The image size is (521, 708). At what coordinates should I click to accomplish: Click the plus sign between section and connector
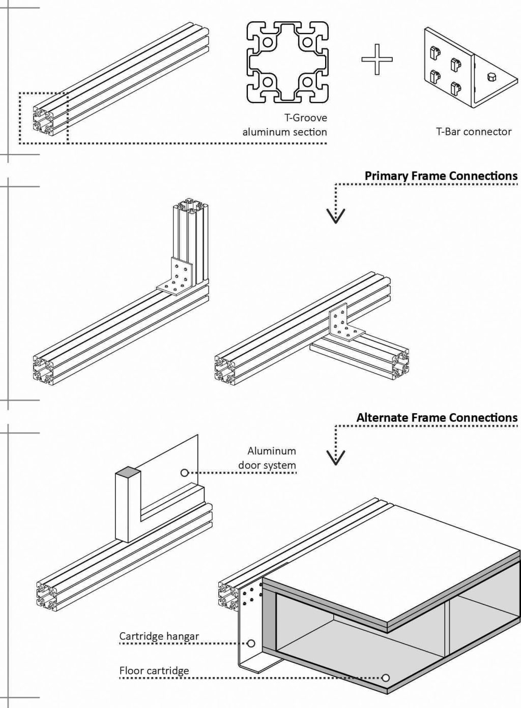tap(377, 59)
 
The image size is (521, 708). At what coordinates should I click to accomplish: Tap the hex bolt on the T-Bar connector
tap(491, 78)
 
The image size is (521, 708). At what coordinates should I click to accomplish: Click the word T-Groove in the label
tap(305, 118)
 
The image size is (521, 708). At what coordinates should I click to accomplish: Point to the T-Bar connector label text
tap(473, 132)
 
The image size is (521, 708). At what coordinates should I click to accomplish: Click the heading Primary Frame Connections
tap(441, 176)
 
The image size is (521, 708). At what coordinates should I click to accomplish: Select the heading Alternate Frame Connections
tap(437, 418)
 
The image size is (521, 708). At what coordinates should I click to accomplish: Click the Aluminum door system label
tap(267, 457)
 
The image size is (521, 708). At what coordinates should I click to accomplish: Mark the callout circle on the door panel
tap(184, 473)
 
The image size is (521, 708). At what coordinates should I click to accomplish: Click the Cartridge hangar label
tap(159, 636)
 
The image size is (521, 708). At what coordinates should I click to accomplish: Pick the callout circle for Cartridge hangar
tap(250, 643)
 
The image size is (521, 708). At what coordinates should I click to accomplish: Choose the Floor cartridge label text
tap(154, 670)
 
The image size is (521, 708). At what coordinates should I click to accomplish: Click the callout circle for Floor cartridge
tap(386, 678)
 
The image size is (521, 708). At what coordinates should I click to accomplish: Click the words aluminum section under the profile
tap(284, 132)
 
